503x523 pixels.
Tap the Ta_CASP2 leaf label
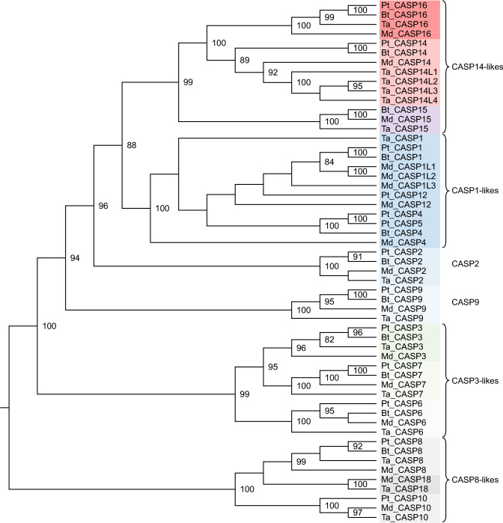tap(400, 280)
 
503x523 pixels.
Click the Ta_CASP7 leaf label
tap(400, 394)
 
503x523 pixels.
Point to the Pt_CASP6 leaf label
tap(400, 403)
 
